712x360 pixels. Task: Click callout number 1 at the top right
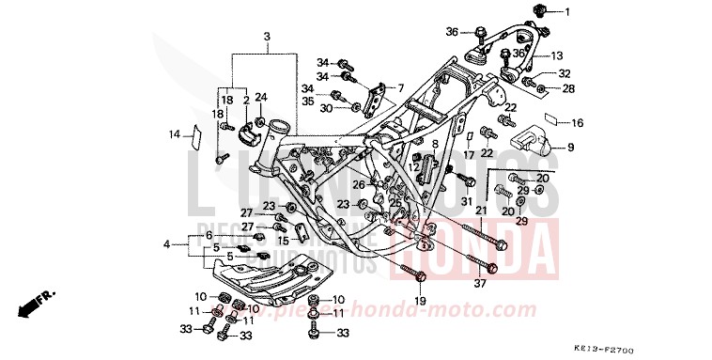click(567, 11)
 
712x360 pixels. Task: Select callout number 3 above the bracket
click(267, 37)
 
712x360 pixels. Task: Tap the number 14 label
click(175, 134)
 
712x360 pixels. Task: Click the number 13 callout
click(556, 56)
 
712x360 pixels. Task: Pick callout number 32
click(565, 73)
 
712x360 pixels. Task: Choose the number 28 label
click(568, 88)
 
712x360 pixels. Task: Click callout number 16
click(578, 123)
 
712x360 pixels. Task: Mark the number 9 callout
click(569, 147)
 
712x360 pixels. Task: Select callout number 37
click(480, 284)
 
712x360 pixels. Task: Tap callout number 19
click(420, 301)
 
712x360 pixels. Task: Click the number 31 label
click(466, 200)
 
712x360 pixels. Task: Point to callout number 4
click(166, 244)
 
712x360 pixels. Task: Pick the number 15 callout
click(282, 241)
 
